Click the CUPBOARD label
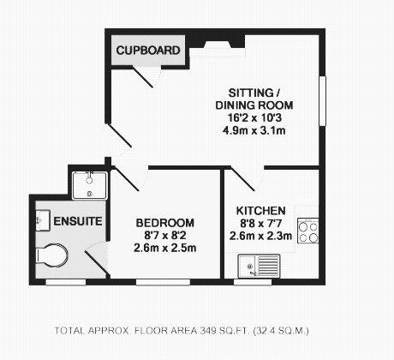point(148,51)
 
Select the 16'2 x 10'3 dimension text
point(254,117)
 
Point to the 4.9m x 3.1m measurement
point(254,130)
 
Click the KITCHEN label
point(261,211)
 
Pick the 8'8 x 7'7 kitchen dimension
point(260,223)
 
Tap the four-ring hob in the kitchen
point(308,231)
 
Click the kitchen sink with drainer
point(259,267)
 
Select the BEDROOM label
point(165,223)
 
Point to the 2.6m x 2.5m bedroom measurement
point(165,248)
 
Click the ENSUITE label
point(78,221)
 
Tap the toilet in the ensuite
point(52,255)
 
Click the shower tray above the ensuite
point(90,185)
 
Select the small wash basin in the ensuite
point(43,220)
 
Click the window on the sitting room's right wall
point(323,101)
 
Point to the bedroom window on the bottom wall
point(163,282)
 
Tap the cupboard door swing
point(147,76)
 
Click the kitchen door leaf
point(242,179)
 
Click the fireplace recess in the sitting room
point(218,45)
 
